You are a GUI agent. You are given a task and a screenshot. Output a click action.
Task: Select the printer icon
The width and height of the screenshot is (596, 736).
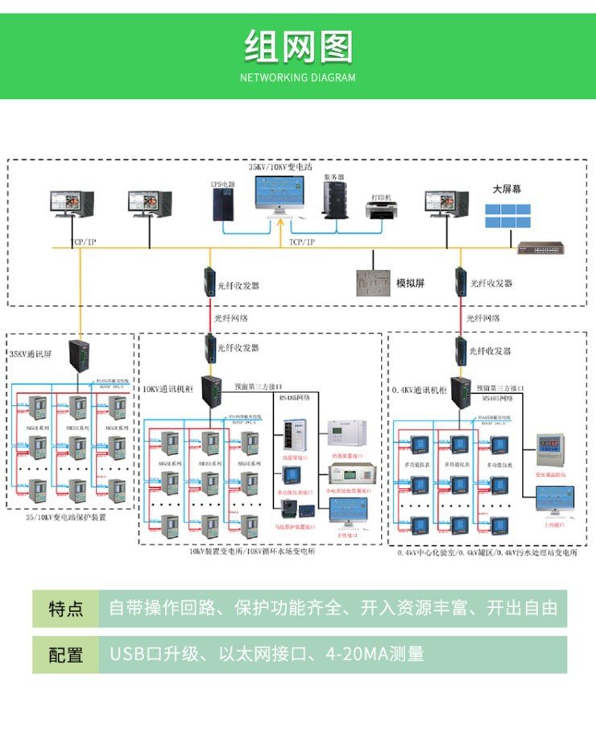point(381,212)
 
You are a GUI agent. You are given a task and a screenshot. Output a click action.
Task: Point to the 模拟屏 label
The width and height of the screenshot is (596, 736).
point(410,283)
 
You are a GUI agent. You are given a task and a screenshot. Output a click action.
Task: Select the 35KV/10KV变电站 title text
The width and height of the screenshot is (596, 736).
point(279,167)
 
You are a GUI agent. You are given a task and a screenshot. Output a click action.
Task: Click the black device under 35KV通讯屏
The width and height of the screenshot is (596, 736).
point(79,355)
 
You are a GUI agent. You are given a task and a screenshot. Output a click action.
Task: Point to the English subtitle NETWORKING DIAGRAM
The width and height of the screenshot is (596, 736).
point(298,78)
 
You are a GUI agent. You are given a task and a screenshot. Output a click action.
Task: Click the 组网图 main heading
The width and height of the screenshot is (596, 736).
point(298,46)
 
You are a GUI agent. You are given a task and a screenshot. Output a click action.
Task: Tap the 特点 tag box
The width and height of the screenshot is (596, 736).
point(65,608)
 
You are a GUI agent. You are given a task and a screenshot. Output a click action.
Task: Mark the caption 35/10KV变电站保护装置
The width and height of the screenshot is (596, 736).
point(66,518)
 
